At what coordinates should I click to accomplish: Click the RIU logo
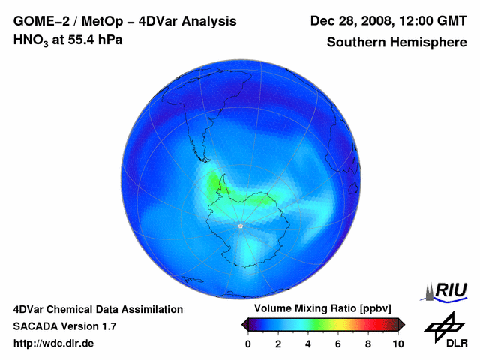[x=447, y=291]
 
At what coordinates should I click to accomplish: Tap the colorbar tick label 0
[x=248, y=343]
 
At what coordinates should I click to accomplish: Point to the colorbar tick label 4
[x=308, y=343]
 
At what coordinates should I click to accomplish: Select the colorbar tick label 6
[x=338, y=343]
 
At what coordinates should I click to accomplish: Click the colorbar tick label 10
[x=398, y=343]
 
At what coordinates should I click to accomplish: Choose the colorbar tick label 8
[x=368, y=343]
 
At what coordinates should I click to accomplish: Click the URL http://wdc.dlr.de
[x=55, y=343]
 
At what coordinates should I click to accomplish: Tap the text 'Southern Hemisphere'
[x=397, y=43]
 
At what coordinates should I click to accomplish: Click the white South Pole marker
[x=240, y=226]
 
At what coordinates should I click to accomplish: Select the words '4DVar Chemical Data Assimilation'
[x=98, y=309]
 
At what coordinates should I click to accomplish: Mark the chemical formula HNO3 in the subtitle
[x=31, y=40]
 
